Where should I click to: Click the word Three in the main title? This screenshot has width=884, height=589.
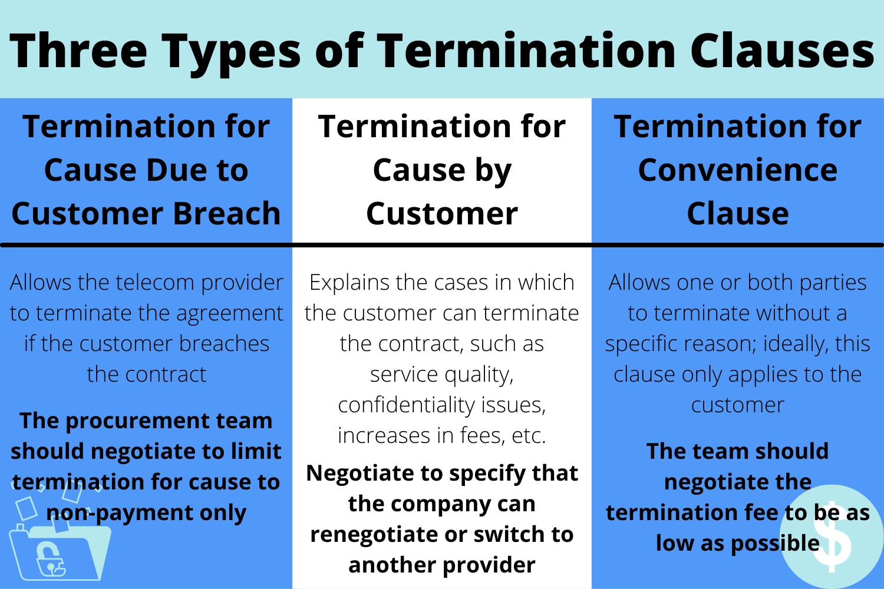pos(78,51)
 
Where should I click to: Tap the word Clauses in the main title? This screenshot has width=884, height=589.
pos(783,51)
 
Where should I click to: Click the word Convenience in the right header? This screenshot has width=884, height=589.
pos(738,170)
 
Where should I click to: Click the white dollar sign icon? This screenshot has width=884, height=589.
pos(832,537)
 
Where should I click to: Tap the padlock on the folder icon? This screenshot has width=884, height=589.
pos(50,558)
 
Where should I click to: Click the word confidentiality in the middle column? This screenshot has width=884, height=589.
pos(400,406)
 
